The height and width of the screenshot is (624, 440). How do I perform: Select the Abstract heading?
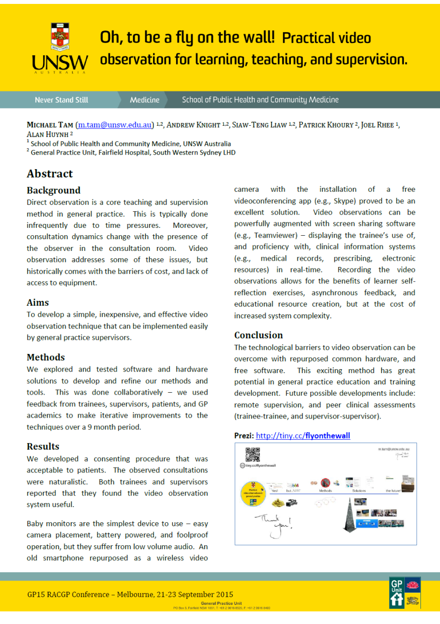50,174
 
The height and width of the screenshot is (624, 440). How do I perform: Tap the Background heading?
53,190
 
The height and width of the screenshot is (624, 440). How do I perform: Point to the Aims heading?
38,302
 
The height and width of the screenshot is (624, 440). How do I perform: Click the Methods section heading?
45,357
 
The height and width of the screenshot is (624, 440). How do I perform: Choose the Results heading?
43,446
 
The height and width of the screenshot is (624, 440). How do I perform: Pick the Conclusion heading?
258,335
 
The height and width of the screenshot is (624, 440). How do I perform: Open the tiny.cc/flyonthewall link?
303,435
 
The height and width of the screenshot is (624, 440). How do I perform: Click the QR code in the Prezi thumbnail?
252,454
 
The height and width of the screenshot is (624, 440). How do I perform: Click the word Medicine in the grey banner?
144,100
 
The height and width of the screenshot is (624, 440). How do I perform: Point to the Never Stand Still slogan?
62,100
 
